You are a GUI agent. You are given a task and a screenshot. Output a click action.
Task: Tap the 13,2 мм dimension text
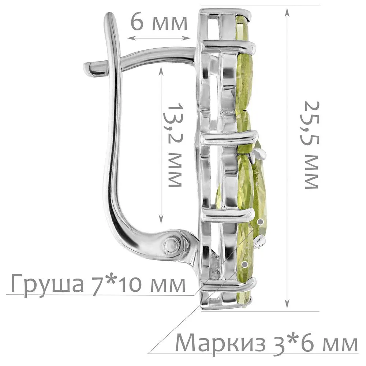point(174,145)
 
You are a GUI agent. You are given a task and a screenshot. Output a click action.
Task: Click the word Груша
point(47,284)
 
